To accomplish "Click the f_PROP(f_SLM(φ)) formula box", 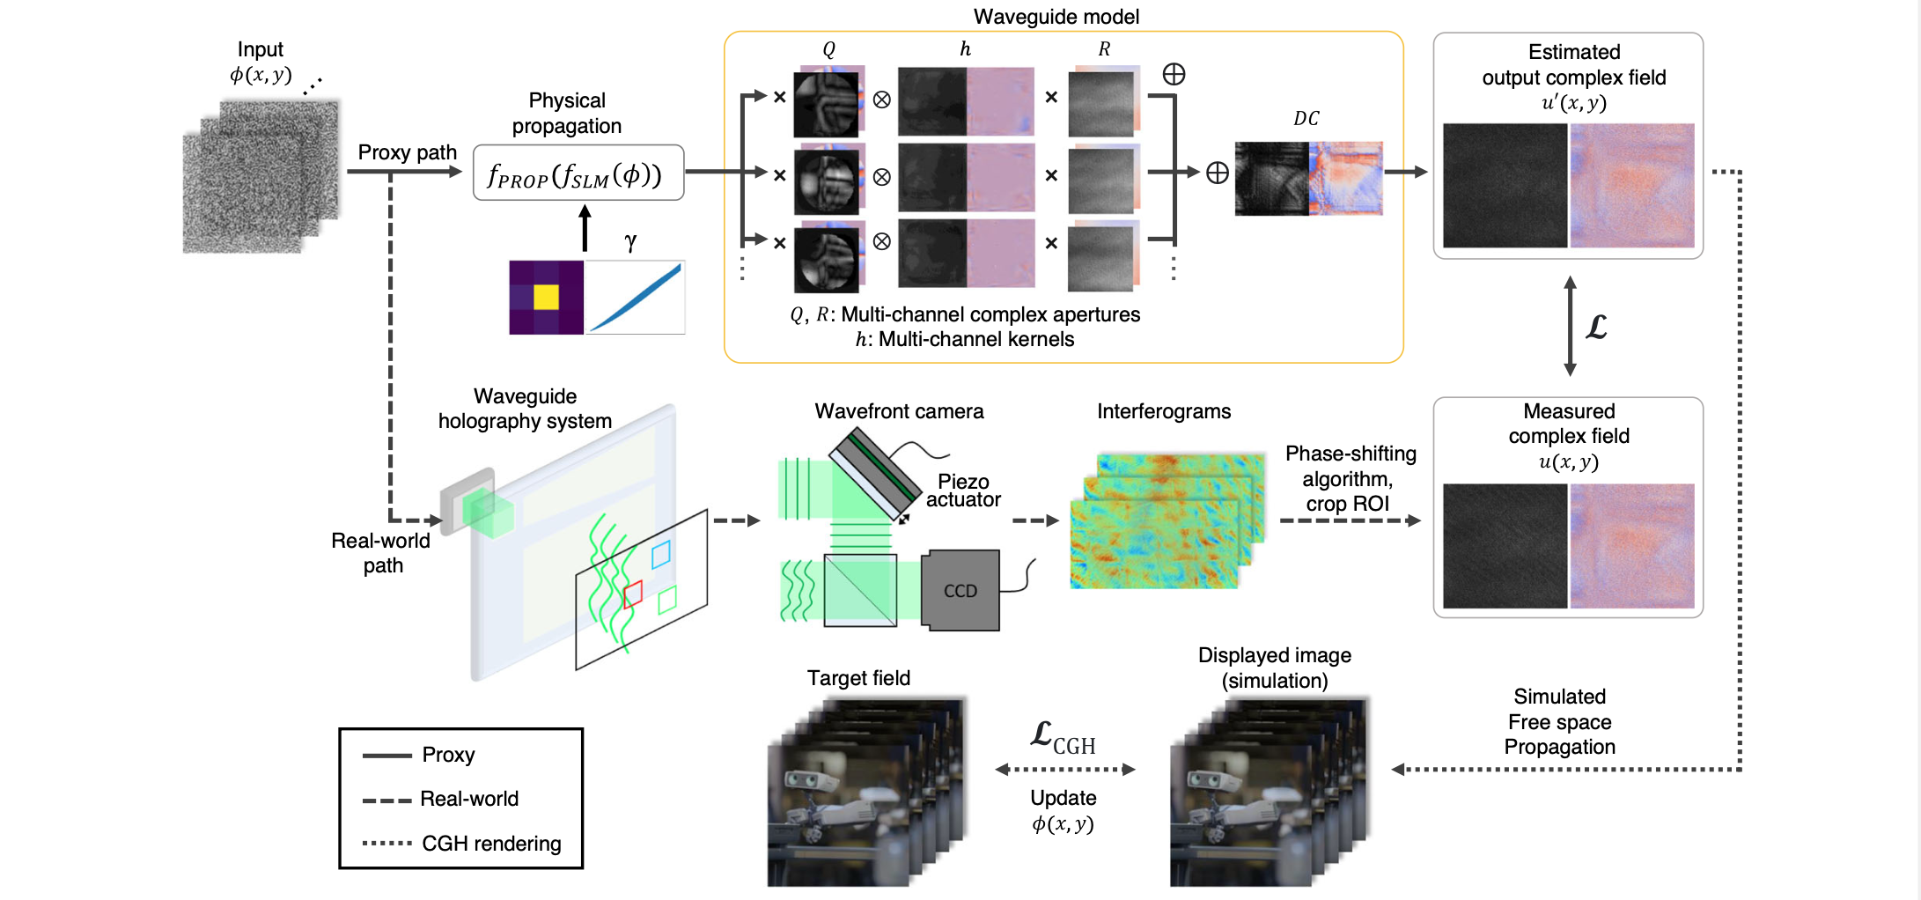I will tap(578, 173).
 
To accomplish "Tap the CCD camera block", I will tap(960, 591).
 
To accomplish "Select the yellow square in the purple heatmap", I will tap(546, 297).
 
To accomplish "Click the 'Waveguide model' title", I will tap(1056, 16).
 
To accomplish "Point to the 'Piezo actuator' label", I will tap(963, 491).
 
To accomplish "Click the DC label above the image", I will tap(1306, 119).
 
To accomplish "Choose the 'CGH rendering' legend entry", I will tap(490, 844).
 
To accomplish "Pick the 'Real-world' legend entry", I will tap(468, 799).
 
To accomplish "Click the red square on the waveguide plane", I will tap(633, 595).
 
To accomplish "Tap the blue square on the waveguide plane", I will tap(660, 554).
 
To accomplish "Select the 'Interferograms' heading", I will tap(1163, 411).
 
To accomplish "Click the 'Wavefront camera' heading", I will tap(899, 411).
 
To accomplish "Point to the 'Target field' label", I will tap(858, 678).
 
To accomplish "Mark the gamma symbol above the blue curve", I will tap(630, 241).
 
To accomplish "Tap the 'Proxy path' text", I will tap(407, 152).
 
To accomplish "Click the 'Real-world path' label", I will tap(381, 553).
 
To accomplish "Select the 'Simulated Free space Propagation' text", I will tap(1559, 722).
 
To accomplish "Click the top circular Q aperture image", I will tap(826, 103).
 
